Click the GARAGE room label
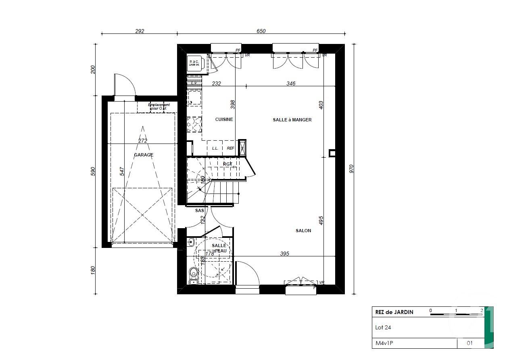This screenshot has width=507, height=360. pos(144,155)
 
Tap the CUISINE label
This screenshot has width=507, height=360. pos(224,119)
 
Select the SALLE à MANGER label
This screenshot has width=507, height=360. pos(292,120)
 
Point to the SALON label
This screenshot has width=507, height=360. pos(303,231)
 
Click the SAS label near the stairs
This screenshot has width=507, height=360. pos(199,210)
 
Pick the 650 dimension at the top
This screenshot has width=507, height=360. pos(261,31)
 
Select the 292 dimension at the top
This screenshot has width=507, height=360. pos(139,31)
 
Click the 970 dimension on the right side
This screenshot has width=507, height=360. pos(351,169)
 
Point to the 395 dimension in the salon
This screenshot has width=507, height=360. pos(285,254)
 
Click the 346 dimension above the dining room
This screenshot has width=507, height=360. pos(291,83)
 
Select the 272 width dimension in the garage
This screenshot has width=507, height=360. pos(143,141)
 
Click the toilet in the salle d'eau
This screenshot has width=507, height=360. pos(194,273)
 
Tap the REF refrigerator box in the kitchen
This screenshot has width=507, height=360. pos(230,148)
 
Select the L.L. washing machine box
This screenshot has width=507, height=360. pos(215,148)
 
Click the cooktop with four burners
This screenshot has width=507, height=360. pos(194,124)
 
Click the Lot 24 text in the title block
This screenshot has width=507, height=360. pos(383,327)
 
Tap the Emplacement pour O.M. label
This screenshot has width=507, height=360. pos(159,106)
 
